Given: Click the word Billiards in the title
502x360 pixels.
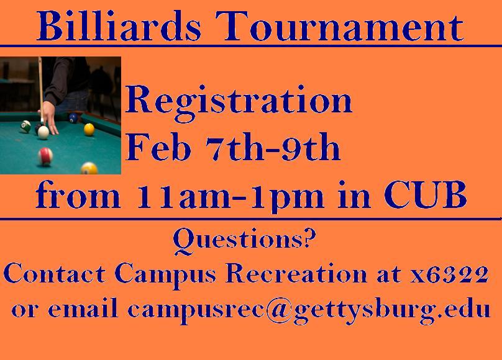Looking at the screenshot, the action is coord(119,26).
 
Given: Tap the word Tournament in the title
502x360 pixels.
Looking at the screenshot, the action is coord(339,26).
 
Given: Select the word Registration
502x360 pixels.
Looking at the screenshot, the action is coord(239,101).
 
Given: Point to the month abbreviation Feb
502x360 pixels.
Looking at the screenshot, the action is coord(158,146).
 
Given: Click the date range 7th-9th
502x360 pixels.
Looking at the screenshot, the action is coord(273,146).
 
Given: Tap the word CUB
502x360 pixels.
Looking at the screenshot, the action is coord(425,194).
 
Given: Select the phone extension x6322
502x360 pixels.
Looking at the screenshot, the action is coord(449,274).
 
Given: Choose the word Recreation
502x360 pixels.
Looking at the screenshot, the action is coord(296,274).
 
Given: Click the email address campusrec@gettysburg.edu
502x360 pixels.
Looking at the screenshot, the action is coord(309,310).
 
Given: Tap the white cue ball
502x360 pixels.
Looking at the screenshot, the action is coord(43,132).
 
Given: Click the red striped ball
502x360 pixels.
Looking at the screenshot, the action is coord(45,156).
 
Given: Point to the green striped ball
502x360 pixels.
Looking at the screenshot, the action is coord(25,126).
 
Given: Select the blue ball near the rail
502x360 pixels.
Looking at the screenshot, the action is coord(73,118).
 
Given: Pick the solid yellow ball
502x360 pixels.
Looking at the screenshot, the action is coord(89,130).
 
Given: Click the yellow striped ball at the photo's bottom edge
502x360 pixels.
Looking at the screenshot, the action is coord(89,168).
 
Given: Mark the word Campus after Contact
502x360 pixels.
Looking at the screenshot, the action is coord(165,274).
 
